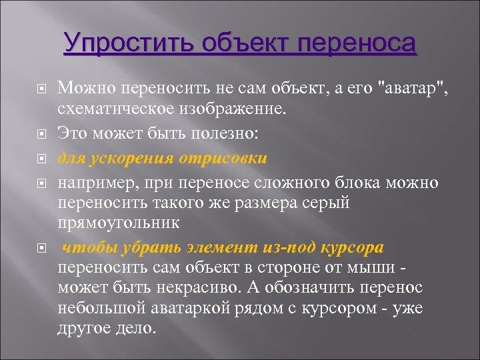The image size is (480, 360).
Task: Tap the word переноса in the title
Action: [358, 44]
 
